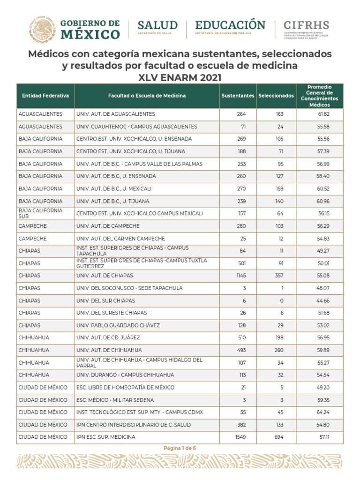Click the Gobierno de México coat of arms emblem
pos(42,29)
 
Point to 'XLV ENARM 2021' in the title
pos(180,78)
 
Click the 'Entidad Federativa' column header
pos(45,96)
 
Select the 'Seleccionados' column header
pos(276,96)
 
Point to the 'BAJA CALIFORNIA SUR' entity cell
pos(41,213)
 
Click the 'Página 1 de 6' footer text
pos(180,448)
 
